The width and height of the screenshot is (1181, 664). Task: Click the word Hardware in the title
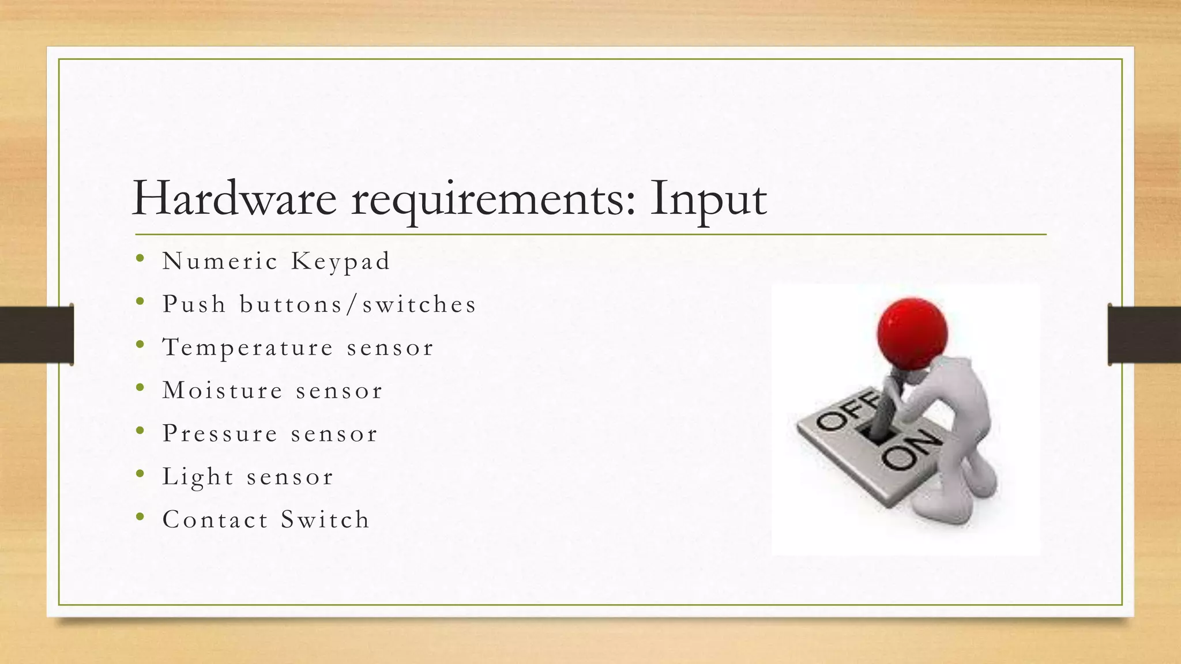[234, 199]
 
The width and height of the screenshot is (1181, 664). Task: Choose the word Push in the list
[194, 304]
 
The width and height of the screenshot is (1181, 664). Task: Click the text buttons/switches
[358, 305]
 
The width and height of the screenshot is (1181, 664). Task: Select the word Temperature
[248, 348]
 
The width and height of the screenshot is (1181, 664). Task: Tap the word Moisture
[223, 390]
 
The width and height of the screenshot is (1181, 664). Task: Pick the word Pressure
[220, 433]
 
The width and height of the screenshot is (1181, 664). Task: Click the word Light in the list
[198, 477]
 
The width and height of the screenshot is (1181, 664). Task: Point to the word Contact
[216, 519]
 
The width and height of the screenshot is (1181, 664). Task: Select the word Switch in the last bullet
[325, 519]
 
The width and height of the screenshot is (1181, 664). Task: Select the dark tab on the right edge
[1144, 334]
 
